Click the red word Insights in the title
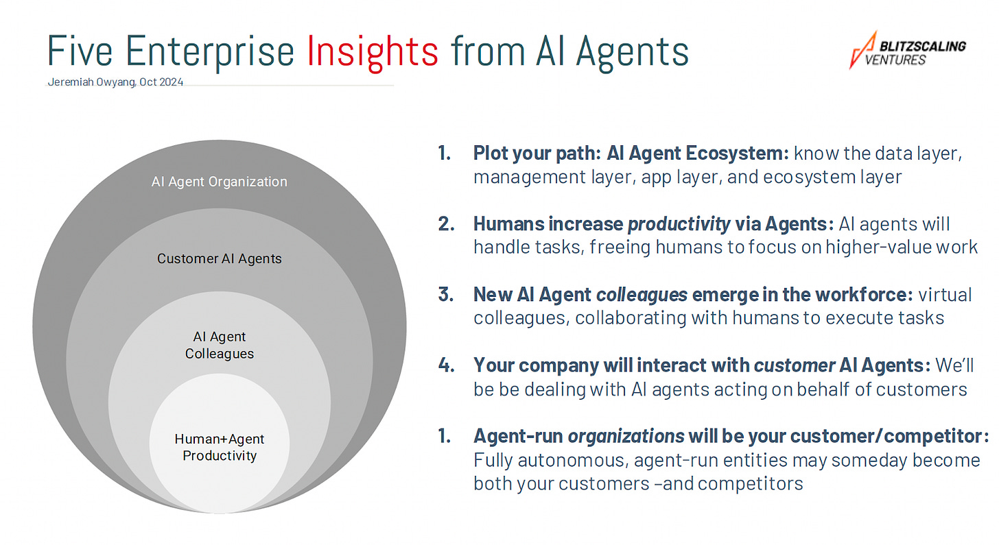click(x=373, y=53)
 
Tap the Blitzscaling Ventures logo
click(x=907, y=50)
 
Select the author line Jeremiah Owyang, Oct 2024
click(x=115, y=82)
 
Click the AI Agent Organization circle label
click(x=219, y=182)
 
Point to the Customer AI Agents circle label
click(x=219, y=259)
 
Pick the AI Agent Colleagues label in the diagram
click(x=219, y=345)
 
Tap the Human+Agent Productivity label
click(x=219, y=447)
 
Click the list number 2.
click(x=446, y=223)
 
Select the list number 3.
click(x=446, y=295)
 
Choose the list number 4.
click(x=446, y=365)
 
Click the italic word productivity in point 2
click(x=679, y=224)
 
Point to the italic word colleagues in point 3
click(x=642, y=295)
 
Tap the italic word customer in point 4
click(x=795, y=365)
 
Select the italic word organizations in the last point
click(x=626, y=436)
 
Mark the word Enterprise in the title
click(x=210, y=53)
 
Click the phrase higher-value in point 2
click(x=878, y=247)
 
